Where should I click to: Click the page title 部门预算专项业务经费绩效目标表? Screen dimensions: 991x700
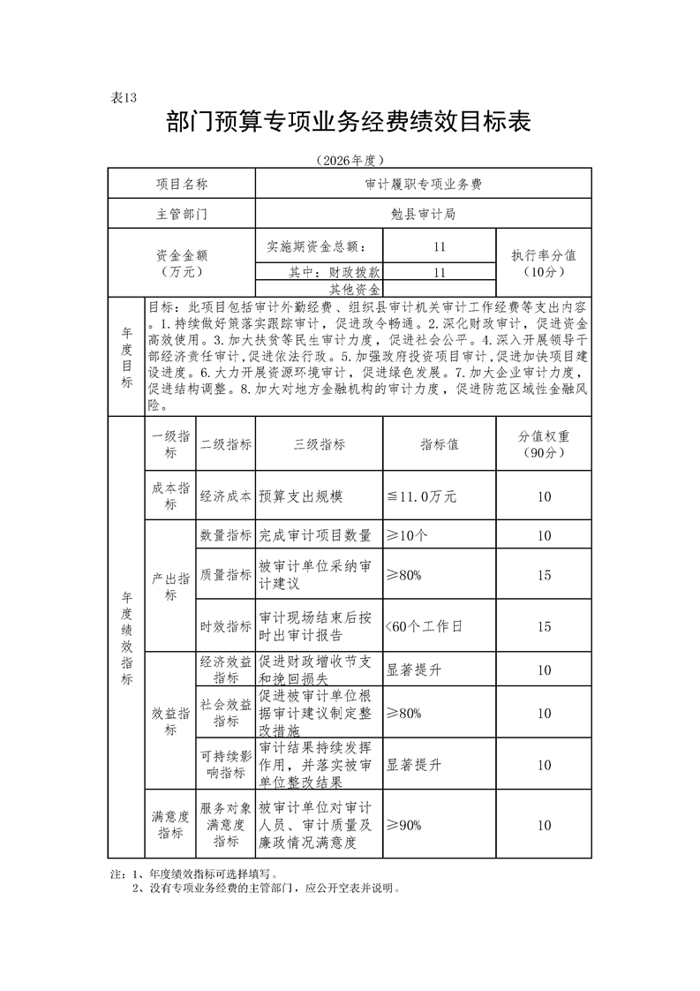[349, 123]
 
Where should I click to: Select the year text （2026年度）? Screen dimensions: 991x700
[350, 160]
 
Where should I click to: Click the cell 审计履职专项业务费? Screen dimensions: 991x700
[423, 185]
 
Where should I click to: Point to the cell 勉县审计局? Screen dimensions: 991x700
[423, 214]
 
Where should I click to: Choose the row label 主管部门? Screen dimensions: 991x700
[182, 214]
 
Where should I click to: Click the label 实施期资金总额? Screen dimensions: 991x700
[320, 246]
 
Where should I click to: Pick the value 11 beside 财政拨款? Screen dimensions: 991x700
[440, 272]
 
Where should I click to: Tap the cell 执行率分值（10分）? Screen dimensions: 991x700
[544, 262]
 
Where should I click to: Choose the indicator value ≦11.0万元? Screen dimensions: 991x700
[421, 497]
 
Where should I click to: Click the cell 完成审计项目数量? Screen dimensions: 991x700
[315, 535]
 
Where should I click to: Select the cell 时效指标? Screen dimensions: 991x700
[226, 626]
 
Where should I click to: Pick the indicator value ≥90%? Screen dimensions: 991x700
[403, 825]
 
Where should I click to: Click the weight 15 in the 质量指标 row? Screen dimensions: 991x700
[544, 575]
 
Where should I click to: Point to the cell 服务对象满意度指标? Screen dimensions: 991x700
[226, 825]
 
